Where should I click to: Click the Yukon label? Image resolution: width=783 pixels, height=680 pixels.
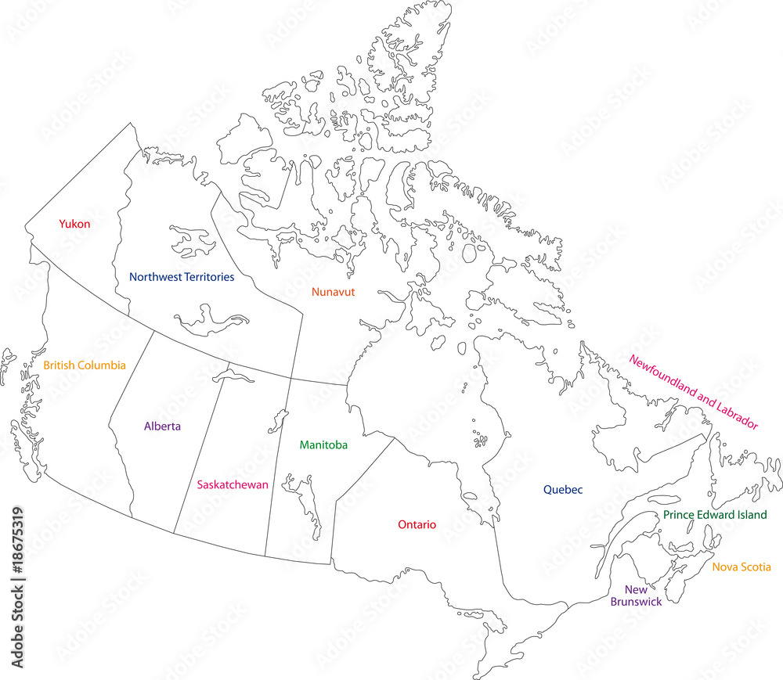click(75, 224)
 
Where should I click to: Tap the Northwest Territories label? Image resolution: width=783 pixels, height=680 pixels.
click(181, 277)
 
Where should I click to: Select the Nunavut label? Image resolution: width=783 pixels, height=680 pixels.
click(334, 292)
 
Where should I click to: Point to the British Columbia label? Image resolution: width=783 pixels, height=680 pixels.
click(85, 365)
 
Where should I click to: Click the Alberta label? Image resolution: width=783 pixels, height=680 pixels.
click(163, 426)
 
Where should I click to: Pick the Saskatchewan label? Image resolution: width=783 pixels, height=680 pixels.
click(233, 484)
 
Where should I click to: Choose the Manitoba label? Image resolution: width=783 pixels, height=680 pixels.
click(323, 444)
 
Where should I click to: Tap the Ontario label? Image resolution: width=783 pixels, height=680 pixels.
click(417, 524)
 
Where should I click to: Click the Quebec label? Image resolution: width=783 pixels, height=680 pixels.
click(563, 490)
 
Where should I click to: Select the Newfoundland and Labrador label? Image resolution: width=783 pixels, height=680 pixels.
click(694, 393)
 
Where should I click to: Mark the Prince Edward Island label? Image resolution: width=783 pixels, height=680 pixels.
click(715, 515)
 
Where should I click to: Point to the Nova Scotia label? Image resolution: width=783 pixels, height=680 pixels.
click(742, 567)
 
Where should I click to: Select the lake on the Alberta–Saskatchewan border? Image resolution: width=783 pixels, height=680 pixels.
click(233, 377)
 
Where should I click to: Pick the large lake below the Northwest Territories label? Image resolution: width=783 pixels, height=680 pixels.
click(211, 319)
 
